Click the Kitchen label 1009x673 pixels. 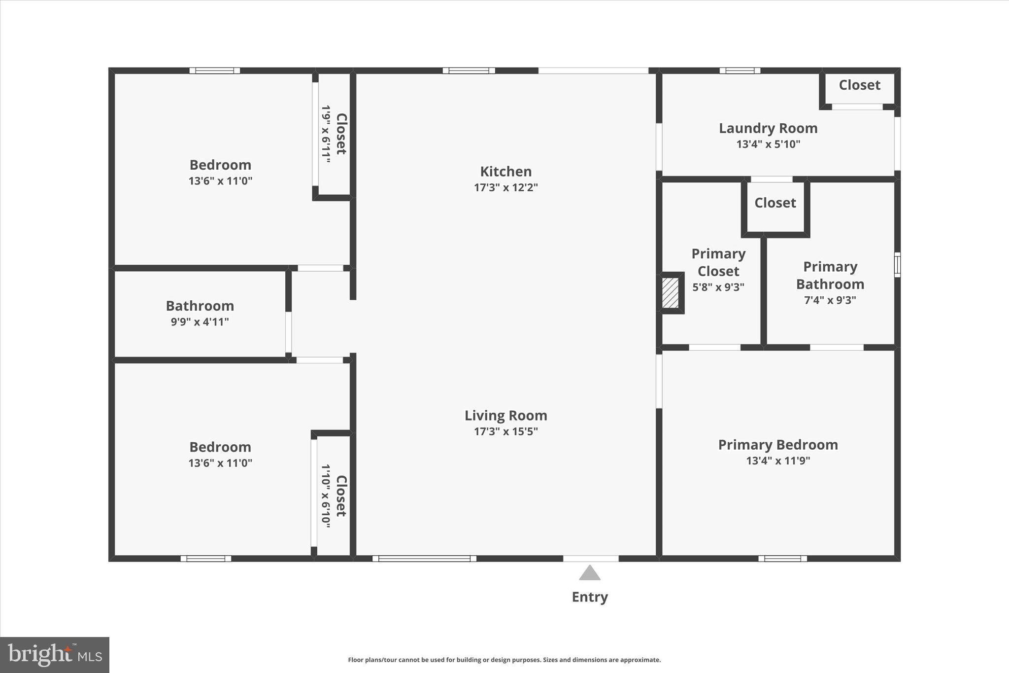(x=505, y=172)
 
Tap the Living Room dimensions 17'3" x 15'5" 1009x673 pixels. (x=505, y=431)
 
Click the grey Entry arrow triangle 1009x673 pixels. (x=589, y=573)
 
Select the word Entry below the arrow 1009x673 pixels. (x=589, y=597)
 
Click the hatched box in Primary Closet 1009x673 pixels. (x=670, y=293)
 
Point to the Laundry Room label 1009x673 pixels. (x=768, y=128)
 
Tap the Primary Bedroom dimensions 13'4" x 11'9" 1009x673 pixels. (x=777, y=461)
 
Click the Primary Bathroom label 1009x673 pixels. (x=830, y=276)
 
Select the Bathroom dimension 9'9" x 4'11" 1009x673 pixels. (x=200, y=322)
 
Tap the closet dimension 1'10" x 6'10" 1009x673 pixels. (x=326, y=496)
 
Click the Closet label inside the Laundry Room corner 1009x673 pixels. (x=859, y=85)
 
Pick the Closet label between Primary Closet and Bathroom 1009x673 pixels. (x=774, y=203)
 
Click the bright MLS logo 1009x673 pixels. (x=55, y=655)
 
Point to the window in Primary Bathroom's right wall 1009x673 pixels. (x=897, y=265)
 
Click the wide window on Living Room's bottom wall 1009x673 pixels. (x=424, y=559)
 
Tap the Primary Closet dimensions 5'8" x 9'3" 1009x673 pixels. (x=718, y=287)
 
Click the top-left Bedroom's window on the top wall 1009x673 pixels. (x=215, y=71)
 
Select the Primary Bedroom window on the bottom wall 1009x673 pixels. (x=782, y=559)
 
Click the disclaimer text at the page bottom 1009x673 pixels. (x=504, y=660)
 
